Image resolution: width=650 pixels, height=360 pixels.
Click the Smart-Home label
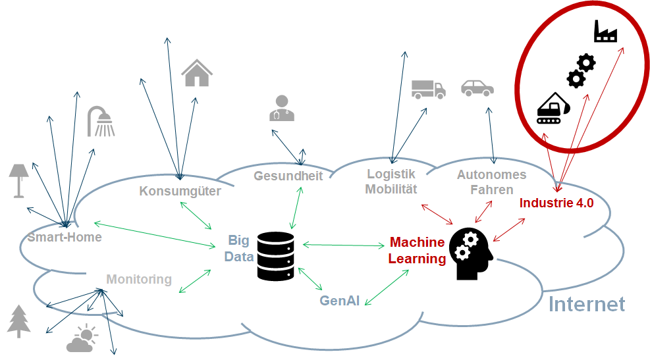click(x=65, y=237)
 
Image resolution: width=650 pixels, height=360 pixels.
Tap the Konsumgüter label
click(x=180, y=192)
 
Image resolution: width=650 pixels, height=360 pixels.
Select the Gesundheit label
click(x=288, y=176)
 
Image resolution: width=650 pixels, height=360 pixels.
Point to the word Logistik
click(x=391, y=174)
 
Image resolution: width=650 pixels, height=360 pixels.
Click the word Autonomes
click(x=491, y=175)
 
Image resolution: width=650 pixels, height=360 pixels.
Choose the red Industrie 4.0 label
click(x=556, y=203)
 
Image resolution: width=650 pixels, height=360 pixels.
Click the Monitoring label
click(x=139, y=279)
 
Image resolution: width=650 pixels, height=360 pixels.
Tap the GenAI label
click(x=340, y=300)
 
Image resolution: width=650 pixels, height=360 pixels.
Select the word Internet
click(x=586, y=304)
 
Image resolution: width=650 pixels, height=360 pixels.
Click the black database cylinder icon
click(x=276, y=254)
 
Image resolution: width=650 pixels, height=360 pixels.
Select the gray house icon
click(x=196, y=72)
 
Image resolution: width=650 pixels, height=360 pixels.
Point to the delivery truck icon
click(x=428, y=89)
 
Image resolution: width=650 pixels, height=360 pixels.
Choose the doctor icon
click(x=282, y=108)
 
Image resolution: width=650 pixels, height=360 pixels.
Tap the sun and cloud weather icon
click(x=82, y=338)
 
